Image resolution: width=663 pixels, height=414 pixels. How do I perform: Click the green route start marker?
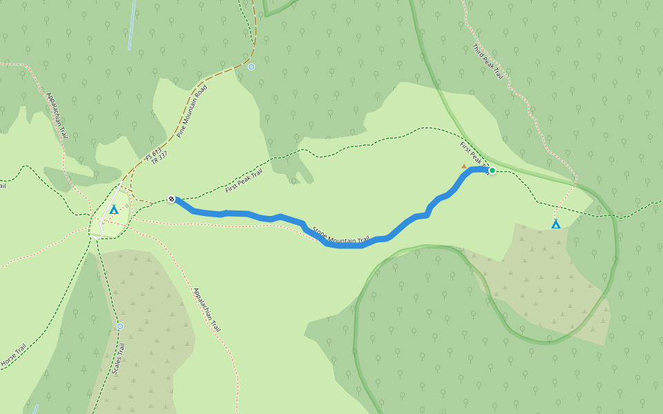[x=492, y=170]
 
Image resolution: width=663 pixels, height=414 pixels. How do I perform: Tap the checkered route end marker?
[x=171, y=199]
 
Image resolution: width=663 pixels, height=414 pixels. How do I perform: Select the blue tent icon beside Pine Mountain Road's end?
[x=114, y=209]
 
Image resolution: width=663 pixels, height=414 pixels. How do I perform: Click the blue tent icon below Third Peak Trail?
[x=556, y=224]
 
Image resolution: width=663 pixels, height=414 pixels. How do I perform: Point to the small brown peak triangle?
[x=464, y=166]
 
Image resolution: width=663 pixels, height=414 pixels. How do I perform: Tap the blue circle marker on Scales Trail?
[x=120, y=326]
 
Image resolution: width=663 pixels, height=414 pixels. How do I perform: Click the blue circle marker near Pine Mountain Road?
[x=251, y=67]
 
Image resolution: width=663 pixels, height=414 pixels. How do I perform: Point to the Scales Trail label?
[x=118, y=359]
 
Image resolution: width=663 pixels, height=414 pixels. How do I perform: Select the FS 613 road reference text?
[x=153, y=155]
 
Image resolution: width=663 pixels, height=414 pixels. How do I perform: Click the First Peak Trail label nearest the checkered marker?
[x=244, y=180]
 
